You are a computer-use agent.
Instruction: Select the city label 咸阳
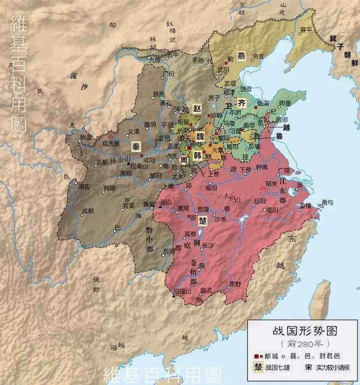pos(148,160)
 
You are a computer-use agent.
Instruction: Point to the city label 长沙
pos(208,244)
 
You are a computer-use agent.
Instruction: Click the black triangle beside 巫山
pos(160,207)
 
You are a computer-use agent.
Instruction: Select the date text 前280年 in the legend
pos(297,343)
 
